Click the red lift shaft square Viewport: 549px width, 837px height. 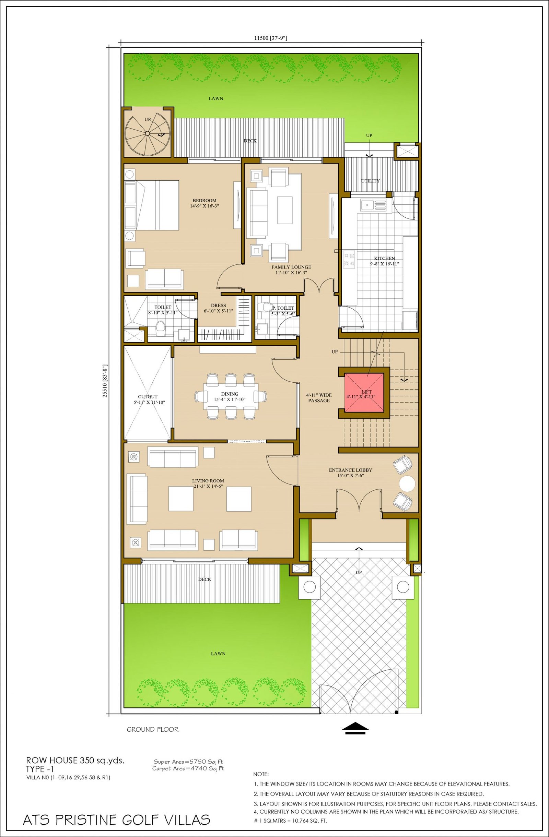[x=364, y=393]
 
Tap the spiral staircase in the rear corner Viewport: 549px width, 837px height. [x=147, y=133]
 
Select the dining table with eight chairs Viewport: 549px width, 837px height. [x=231, y=396]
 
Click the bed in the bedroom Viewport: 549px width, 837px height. [x=152, y=205]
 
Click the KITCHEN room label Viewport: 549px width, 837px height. [x=384, y=258]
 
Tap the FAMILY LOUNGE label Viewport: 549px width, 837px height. [x=291, y=267]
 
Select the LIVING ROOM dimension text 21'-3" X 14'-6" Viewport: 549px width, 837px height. [x=208, y=486]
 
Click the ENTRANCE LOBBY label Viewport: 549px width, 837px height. [x=351, y=470]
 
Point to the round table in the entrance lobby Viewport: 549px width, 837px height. [x=408, y=483]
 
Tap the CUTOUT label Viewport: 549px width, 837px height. [x=148, y=396]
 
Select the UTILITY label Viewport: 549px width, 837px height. [x=371, y=181]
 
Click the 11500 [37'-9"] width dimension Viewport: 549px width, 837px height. [x=271, y=38]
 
